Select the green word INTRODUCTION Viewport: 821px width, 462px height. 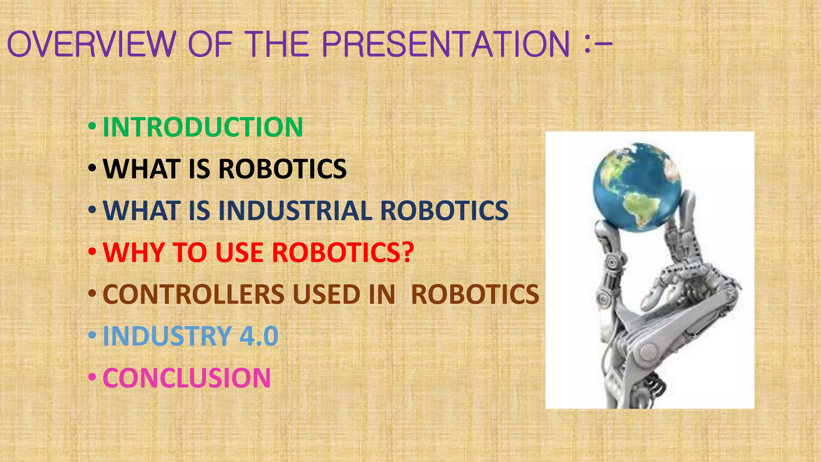[203, 127]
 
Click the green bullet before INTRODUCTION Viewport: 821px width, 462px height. [92, 127]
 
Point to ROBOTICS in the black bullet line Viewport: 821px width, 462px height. [283, 169]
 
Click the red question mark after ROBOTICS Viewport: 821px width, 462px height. [407, 252]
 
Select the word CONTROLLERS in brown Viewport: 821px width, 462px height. [193, 294]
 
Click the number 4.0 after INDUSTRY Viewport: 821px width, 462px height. [259, 336]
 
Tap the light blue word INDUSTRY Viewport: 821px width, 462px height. [168, 336]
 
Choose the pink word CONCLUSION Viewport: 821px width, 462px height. [187, 378]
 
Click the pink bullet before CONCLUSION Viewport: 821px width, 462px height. [92, 377]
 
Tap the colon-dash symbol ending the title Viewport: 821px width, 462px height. [598, 45]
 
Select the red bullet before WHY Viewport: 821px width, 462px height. [92, 252]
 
